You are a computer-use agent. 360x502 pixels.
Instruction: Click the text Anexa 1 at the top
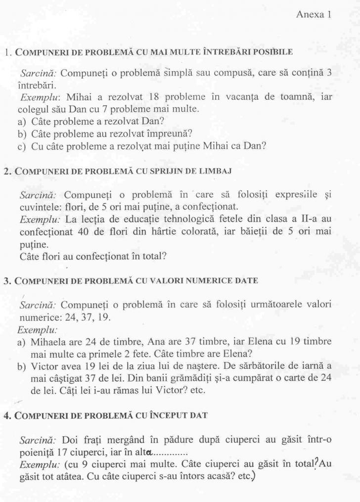click(313, 14)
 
